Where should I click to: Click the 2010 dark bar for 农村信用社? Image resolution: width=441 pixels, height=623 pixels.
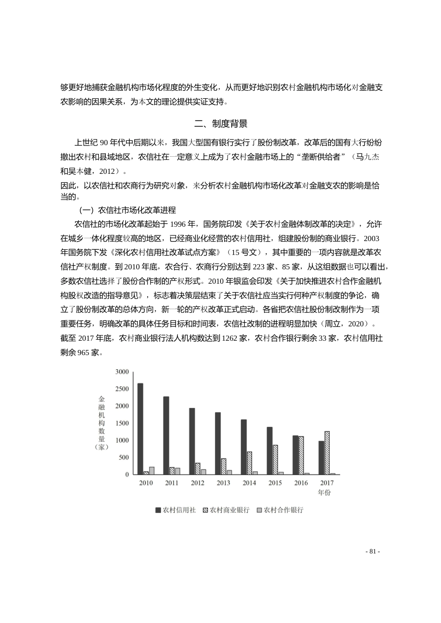tap(140, 429)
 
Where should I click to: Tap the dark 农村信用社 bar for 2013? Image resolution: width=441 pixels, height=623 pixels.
tap(218, 443)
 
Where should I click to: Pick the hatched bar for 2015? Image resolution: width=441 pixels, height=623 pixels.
tap(275, 459)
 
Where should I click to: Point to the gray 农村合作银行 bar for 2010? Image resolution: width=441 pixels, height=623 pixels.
tap(152, 470)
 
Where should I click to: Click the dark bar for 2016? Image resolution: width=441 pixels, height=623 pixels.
tap(295, 455)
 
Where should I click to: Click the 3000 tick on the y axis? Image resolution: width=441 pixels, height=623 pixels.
tap(122, 372)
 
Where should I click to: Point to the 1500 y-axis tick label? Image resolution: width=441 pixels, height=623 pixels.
tap(122, 423)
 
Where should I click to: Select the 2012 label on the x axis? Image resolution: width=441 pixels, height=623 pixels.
tap(197, 483)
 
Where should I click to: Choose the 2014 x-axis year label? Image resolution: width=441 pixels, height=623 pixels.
tap(249, 483)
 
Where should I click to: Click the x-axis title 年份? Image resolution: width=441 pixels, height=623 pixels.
tap(324, 492)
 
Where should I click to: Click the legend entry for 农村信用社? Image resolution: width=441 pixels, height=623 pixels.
tap(175, 510)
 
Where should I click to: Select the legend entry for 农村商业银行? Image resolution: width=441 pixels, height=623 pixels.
tap(226, 510)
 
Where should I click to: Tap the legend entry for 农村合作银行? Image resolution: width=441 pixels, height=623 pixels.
tap(279, 510)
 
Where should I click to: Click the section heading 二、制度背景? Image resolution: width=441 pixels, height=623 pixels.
tap(220, 124)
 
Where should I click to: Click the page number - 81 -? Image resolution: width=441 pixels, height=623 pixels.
tap(373, 552)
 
